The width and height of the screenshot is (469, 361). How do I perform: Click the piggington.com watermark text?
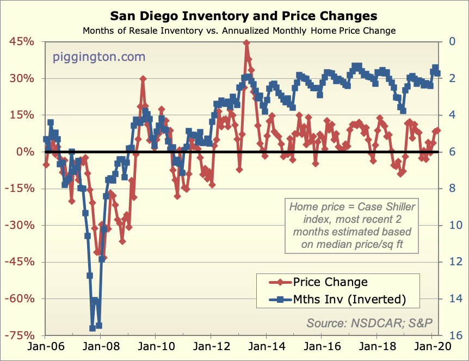[99, 57]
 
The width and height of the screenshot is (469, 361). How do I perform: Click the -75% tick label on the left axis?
[20, 335]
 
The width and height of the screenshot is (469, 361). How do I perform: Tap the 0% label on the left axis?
[25, 152]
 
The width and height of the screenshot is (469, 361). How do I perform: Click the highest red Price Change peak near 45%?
[246, 43]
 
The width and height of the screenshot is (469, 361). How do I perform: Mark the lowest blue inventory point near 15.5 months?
[92, 328]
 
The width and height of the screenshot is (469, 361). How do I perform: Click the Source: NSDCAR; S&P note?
[369, 323]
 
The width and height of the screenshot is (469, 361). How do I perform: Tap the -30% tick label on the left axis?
[20, 225]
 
